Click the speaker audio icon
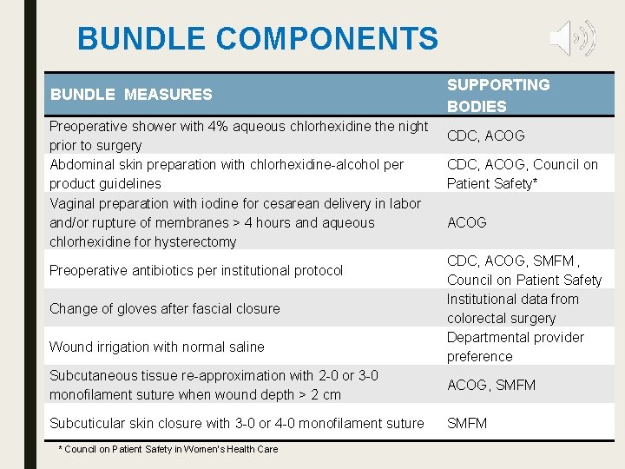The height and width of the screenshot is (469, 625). click(572, 38)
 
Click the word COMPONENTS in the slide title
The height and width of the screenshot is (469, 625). click(328, 39)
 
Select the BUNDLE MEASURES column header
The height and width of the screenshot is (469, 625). click(131, 95)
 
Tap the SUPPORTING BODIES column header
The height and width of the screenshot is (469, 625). click(497, 96)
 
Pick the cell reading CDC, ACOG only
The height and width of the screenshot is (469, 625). click(485, 135)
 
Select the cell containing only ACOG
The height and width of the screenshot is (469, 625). click(466, 222)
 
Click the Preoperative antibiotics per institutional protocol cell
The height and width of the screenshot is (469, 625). click(196, 270)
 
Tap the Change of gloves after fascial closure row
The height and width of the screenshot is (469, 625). click(165, 308)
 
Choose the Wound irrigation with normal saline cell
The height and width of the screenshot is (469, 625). click(157, 347)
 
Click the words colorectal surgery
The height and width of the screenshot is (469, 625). click(501, 318)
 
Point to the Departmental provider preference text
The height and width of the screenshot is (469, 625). click(515, 347)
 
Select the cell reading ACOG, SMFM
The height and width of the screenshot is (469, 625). click(491, 385)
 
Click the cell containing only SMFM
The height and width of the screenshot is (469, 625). click(467, 423)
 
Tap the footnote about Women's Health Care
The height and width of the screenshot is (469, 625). click(168, 449)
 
